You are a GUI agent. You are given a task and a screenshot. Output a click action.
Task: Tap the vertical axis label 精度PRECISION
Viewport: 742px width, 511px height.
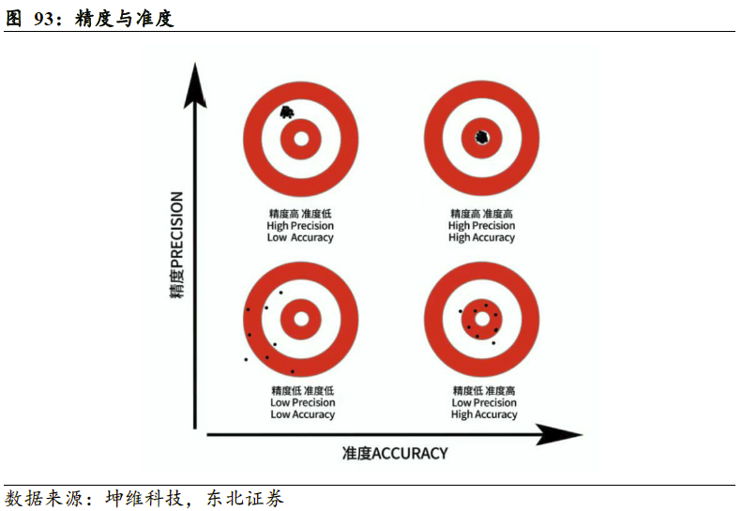pyautogui.click(x=176, y=246)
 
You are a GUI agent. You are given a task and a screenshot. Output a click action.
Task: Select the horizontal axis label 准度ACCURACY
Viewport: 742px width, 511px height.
pyautogui.click(x=395, y=454)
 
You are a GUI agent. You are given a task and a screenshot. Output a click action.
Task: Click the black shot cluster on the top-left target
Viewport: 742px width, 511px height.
pyautogui.click(x=286, y=113)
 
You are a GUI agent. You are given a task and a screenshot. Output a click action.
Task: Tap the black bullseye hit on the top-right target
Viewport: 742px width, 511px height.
pyautogui.click(x=482, y=138)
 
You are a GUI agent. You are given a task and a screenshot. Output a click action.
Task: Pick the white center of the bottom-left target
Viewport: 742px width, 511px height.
pyautogui.click(x=300, y=318)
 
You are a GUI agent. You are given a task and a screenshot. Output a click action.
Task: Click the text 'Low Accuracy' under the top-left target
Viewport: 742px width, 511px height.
pyautogui.click(x=300, y=238)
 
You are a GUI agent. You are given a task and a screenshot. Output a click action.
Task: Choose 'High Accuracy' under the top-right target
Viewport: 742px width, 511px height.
pyautogui.click(x=482, y=238)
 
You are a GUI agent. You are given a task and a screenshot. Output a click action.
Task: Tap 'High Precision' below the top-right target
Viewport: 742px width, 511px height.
pyautogui.click(x=482, y=226)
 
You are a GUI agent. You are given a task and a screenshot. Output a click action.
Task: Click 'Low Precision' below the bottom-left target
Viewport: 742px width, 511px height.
pyautogui.click(x=302, y=403)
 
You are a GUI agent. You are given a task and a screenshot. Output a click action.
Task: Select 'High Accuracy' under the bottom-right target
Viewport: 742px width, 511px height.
pyautogui.click(x=484, y=414)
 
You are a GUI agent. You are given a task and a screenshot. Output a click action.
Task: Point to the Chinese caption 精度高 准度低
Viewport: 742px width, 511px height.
pyautogui.click(x=300, y=214)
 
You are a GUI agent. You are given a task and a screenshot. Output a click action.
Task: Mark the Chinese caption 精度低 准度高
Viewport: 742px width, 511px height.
pyautogui.click(x=484, y=391)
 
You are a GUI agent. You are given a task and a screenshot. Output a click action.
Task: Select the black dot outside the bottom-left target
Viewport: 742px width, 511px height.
pyautogui.click(x=246, y=359)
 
